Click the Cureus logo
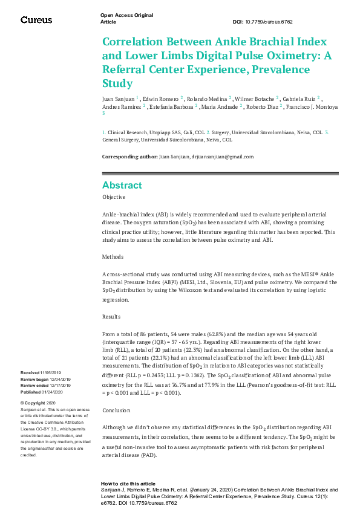point(36,20)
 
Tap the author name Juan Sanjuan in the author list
point(119,98)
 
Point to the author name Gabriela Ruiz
point(300,98)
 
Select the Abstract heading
point(122,185)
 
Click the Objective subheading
point(114,197)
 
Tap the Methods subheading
point(113,257)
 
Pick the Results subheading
point(112,316)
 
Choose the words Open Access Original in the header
point(126,15)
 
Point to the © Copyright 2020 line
point(38,403)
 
